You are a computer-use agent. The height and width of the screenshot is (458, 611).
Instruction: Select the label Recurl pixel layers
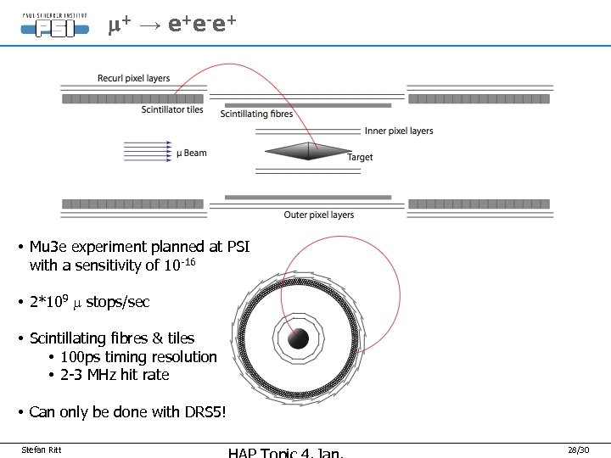(134, 79)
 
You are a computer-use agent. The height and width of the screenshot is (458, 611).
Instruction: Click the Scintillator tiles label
(173, 110)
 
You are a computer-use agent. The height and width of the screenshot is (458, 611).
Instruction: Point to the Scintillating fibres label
(256, 114)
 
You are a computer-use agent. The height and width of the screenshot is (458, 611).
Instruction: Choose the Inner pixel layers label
(399, 131)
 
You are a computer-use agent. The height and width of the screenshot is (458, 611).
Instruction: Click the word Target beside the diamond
(361, 157)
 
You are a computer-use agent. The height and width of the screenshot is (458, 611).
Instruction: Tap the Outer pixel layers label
(319, 215)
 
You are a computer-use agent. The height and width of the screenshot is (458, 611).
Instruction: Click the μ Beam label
(191, 153)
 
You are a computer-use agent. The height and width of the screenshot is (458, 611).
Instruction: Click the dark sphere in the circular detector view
(297, 338)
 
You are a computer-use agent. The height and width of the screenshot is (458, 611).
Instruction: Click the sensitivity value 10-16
(179, 265)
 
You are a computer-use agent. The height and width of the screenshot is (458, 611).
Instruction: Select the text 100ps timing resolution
(138, 357)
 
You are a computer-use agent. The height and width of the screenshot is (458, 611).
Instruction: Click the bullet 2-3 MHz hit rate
(115, 375)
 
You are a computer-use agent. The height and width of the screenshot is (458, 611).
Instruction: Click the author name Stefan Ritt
(42, 449)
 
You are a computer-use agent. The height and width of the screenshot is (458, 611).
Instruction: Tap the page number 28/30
(578, 449)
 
